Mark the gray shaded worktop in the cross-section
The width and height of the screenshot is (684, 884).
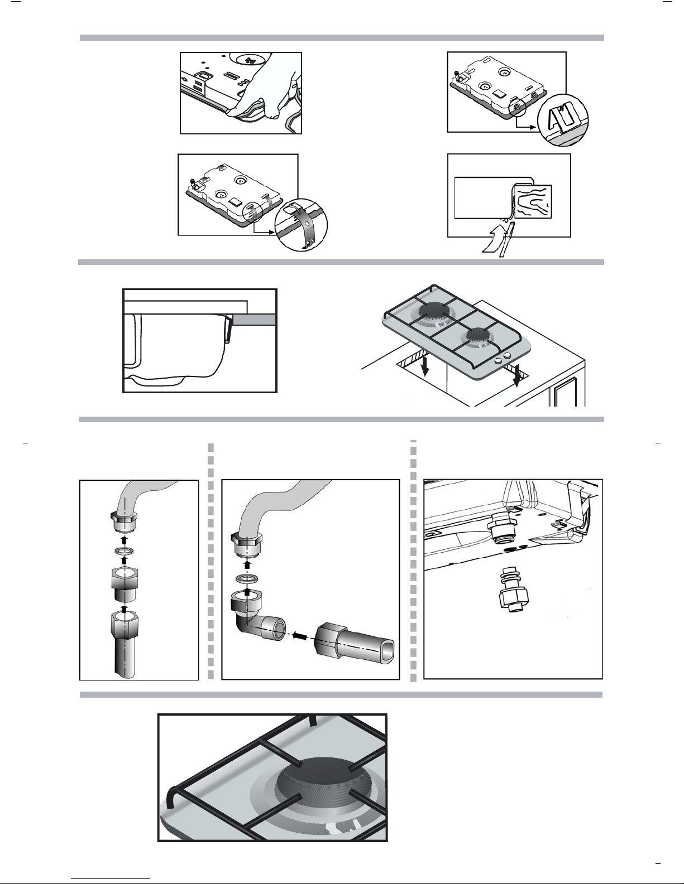click(x=255, y=319)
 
